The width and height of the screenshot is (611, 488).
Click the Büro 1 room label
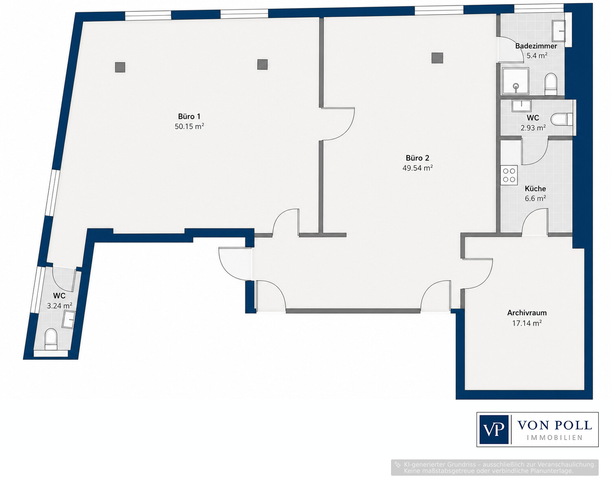(189, 116)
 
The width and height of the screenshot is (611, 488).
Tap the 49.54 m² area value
(418, 168)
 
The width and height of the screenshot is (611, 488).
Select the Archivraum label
(527, 313)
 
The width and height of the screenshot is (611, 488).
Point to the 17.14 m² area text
(527, 323)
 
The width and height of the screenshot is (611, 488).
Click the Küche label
(535, 189)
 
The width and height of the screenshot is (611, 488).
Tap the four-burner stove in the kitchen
(509, 175)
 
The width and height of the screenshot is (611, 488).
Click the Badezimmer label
(536, 46)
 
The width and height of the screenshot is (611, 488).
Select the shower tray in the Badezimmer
(515, 81)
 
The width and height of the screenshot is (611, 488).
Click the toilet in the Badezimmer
(551, 84)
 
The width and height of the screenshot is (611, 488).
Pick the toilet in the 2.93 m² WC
(562, 119)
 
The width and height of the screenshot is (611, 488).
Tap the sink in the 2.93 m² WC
(521, 106)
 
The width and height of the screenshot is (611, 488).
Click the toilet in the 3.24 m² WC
(51, 339)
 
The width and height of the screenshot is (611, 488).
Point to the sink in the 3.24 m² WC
(69, 319)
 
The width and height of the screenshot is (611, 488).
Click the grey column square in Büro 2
(437, 58)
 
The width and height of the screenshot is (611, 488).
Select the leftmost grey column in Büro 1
(120, 67)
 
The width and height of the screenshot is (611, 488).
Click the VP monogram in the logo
(494, 429)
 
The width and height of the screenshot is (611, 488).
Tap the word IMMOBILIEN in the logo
(555, 438)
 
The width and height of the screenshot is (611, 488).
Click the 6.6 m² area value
(535, 198)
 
